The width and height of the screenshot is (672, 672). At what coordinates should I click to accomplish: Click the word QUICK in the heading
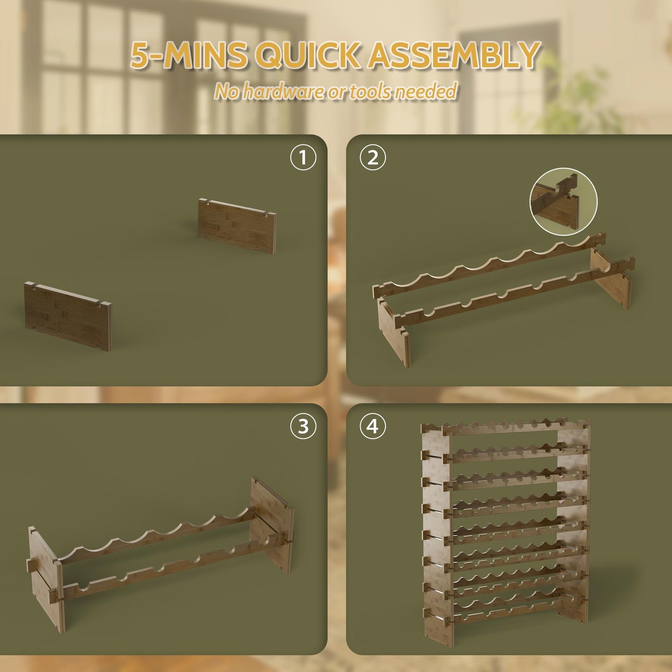point(308,55)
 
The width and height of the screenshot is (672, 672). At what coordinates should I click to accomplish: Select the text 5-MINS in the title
point(190,55)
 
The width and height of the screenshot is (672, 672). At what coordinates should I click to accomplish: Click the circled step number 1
point(303,157)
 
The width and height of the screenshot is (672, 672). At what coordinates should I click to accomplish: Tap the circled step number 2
point(373,157)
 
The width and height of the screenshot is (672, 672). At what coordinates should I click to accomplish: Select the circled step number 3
point(303,426)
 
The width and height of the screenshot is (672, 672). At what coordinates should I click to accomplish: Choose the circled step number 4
point(373,426)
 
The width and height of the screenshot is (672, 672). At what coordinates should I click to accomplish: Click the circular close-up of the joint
point(563,201)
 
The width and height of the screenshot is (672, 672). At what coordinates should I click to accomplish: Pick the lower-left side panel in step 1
point(68,316)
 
